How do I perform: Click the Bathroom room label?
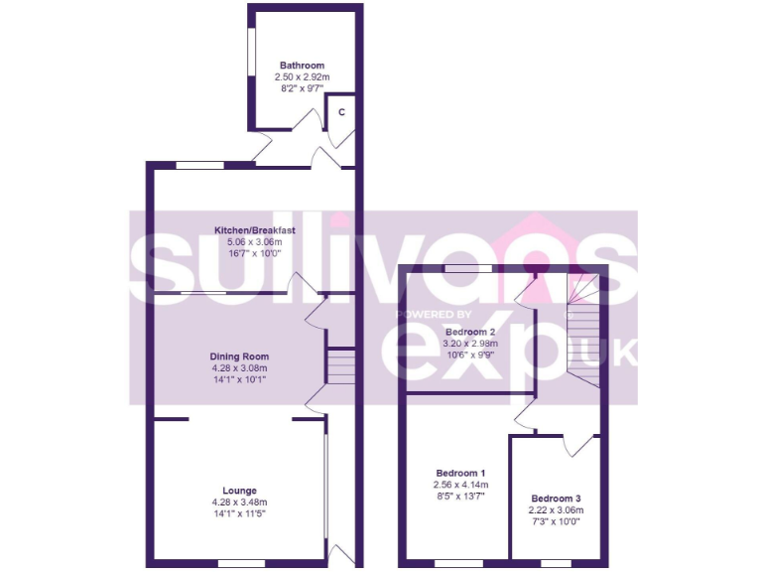302,66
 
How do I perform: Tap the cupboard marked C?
341,111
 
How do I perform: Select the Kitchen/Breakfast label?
256,230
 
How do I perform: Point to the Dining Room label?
238,357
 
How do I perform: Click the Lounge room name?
239,491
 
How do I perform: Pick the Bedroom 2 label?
469,332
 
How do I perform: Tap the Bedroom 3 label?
555,499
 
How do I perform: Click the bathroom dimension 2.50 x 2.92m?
302,76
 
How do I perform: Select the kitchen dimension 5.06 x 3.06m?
255,241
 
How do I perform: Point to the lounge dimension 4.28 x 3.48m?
239,501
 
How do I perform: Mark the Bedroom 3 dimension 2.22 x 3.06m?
555,509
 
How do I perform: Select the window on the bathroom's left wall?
251,69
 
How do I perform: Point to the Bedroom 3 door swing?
578,446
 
